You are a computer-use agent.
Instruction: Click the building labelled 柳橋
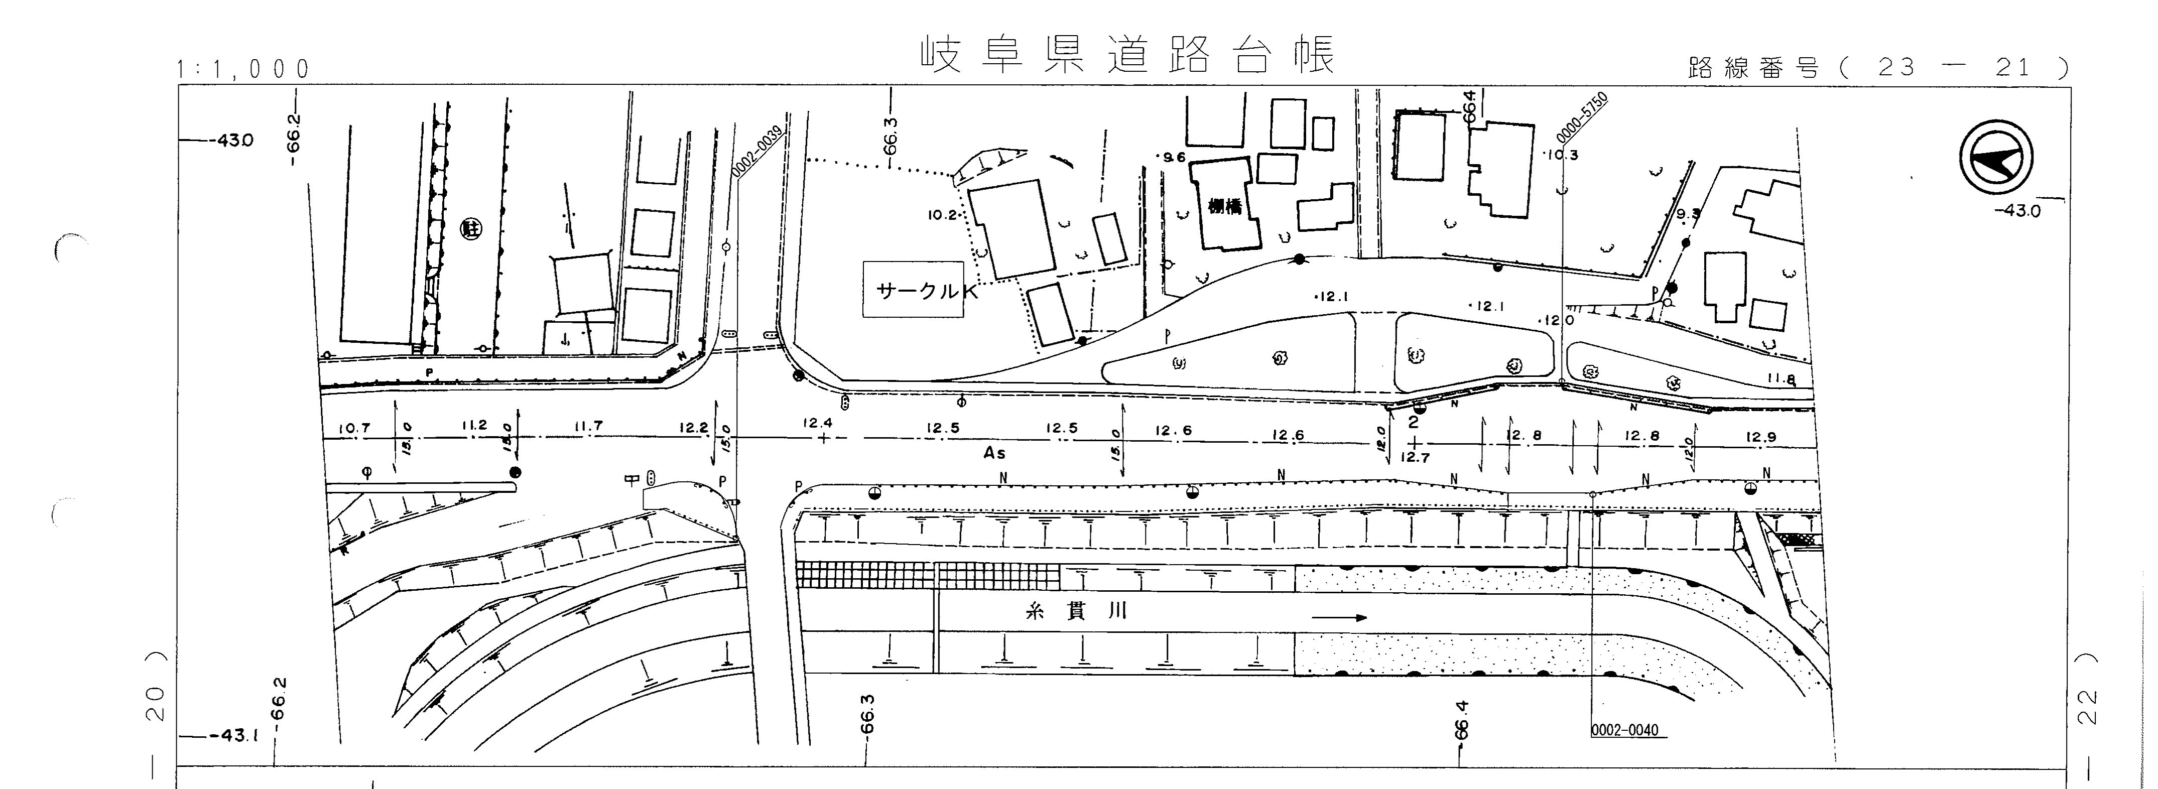point(1225,206)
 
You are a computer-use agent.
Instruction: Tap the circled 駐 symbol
point(471,227)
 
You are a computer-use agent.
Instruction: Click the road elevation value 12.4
point(817,423)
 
